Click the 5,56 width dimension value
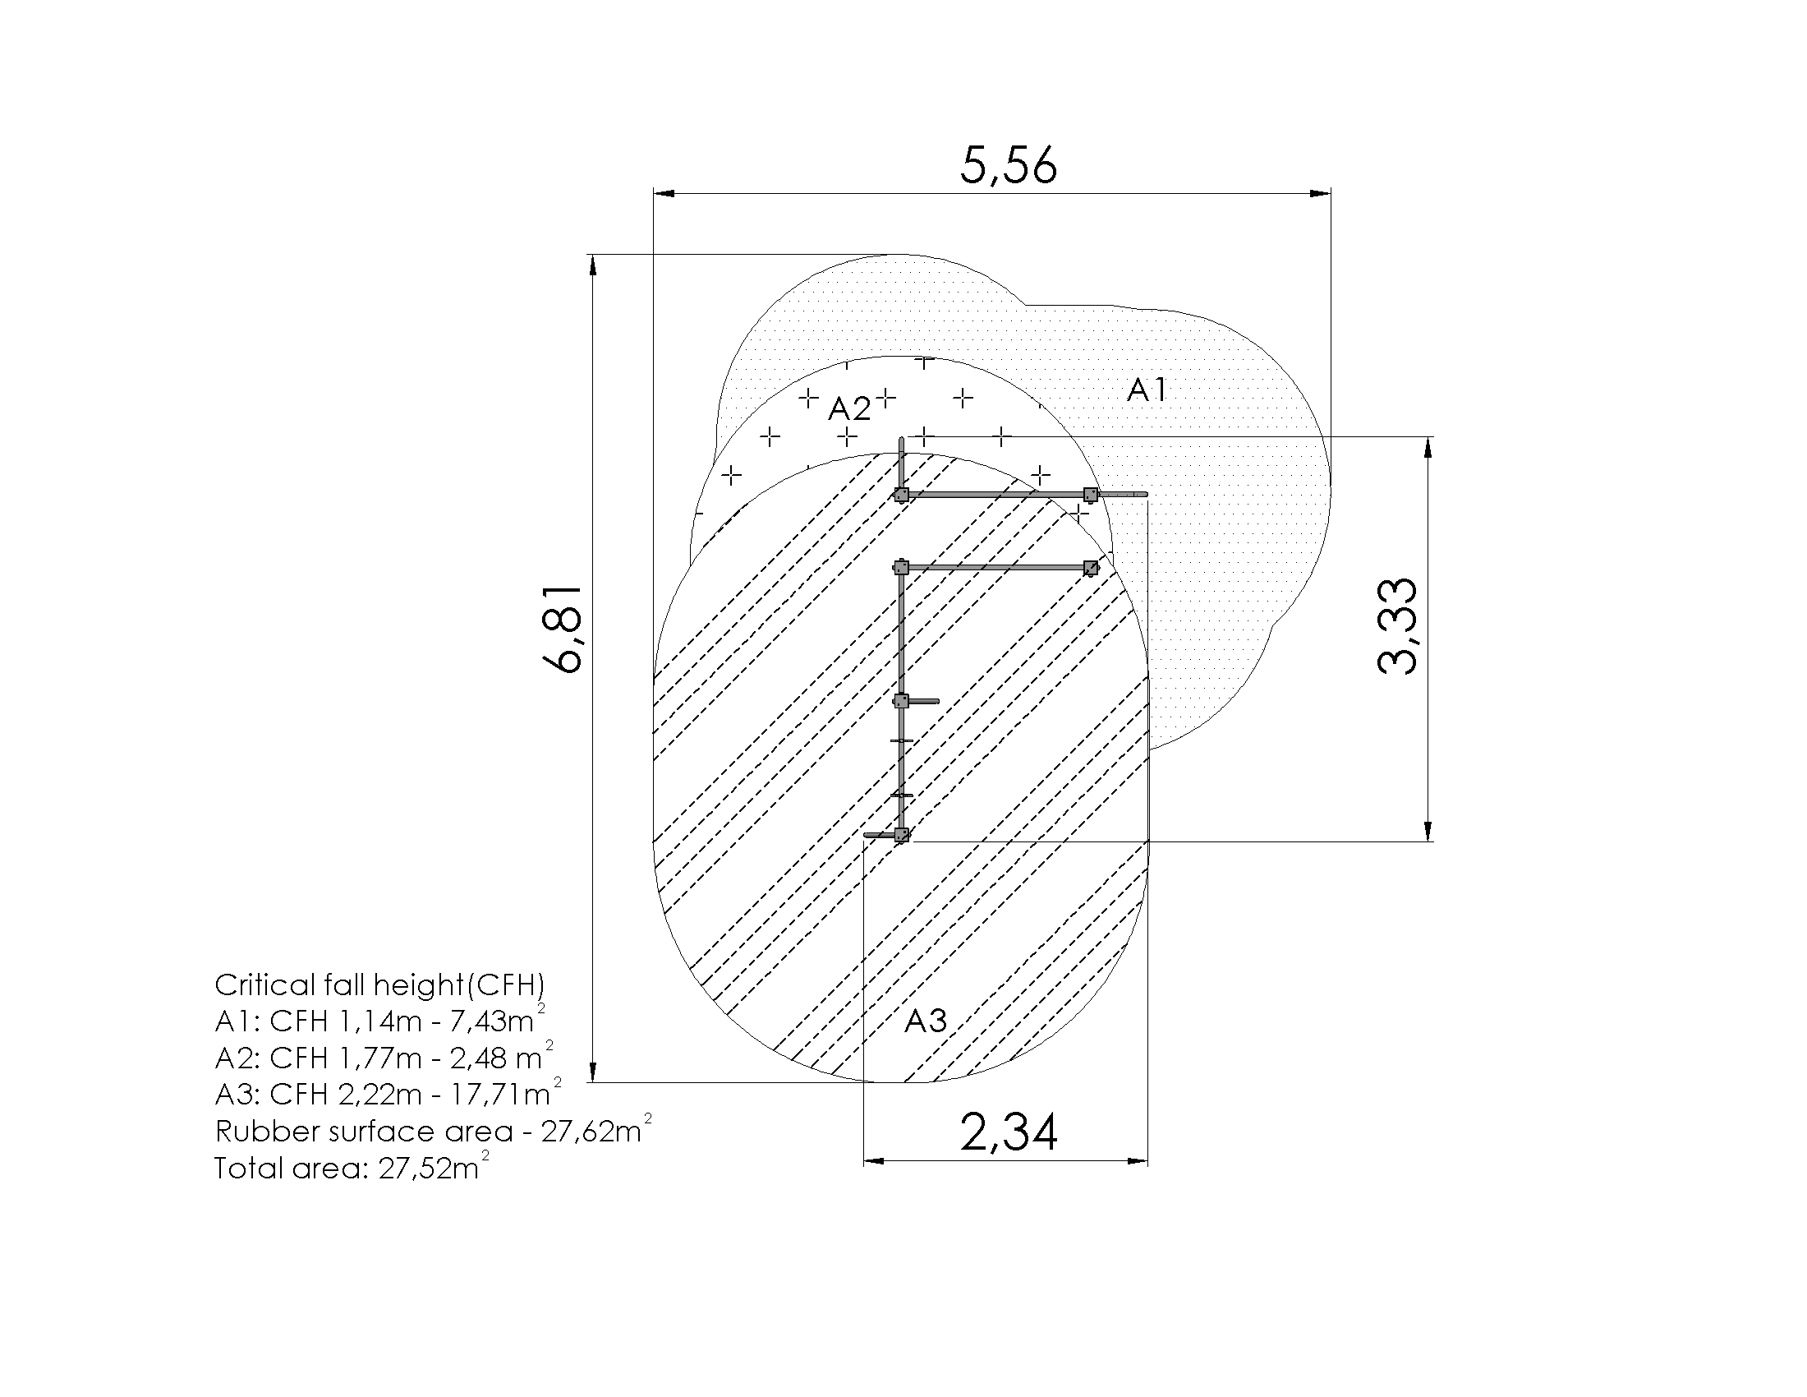tap(1009, 165)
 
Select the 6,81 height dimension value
tap(563, 629)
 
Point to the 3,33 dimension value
tap(1397, 626)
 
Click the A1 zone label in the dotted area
tap(1147, 389)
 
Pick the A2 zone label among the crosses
tap(850, 408)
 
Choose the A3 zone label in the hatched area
tap(925, 1021)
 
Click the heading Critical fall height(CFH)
tap(379, 984)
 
